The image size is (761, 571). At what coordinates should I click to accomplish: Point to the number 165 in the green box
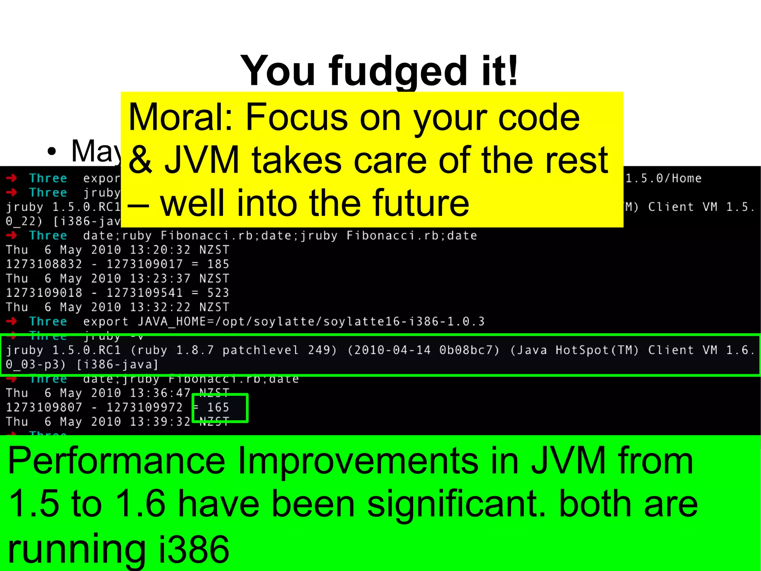tap(218, 408)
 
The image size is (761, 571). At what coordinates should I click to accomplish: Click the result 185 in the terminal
tap(218, 264)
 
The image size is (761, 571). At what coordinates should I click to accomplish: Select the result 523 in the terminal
tap(218, 293)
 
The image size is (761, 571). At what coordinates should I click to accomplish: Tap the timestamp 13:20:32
tap(160, 250)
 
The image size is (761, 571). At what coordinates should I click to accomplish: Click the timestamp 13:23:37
tap(160, 279)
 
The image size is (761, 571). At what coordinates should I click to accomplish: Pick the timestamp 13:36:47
tap(160, 393)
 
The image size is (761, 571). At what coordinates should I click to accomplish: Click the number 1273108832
tap(44, 264)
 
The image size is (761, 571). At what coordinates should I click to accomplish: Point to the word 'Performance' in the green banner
tap(116, 461)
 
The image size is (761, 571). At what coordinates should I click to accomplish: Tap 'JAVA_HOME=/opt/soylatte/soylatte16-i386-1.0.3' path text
tap(311, 321)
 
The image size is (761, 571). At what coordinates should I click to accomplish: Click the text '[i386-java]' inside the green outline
tap(117, 365)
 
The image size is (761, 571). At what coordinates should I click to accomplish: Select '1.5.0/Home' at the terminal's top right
tap(664, 179)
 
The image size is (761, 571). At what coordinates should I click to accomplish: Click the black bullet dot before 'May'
tap(52, 151)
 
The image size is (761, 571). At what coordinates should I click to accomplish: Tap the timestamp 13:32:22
tap(160, 307)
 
